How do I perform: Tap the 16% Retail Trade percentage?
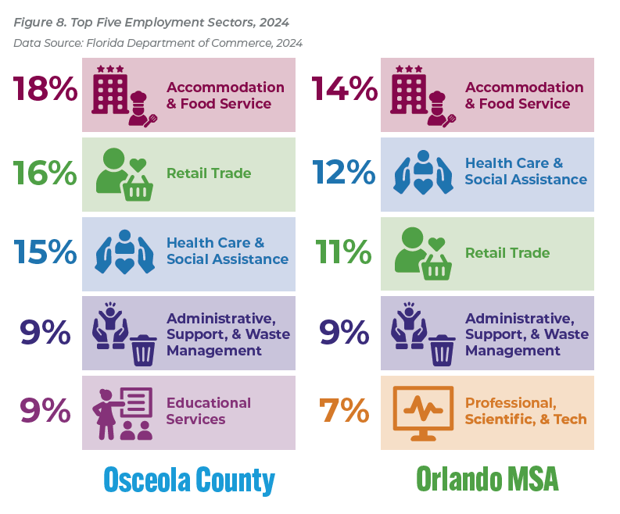(x=45, y=173)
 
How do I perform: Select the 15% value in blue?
(x=45, y=252)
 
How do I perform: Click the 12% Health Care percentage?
(x=344, y=173)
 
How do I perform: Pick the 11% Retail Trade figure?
(x=344, y=252)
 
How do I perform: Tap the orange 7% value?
(x=344, y=411)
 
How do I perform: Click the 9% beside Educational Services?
(x=45, y=411)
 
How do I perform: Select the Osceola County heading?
(x=189, y=478)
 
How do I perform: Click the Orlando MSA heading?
(x=487, y=478)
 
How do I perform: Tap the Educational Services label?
(x=209, y=411)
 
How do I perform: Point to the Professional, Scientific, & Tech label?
(x=525, y=411)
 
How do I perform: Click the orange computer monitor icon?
(x=423, y=412)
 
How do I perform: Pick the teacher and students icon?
(x=124, y=414)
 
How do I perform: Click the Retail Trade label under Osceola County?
(x=209, y=173)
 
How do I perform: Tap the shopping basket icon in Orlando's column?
(x=437, y=267)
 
